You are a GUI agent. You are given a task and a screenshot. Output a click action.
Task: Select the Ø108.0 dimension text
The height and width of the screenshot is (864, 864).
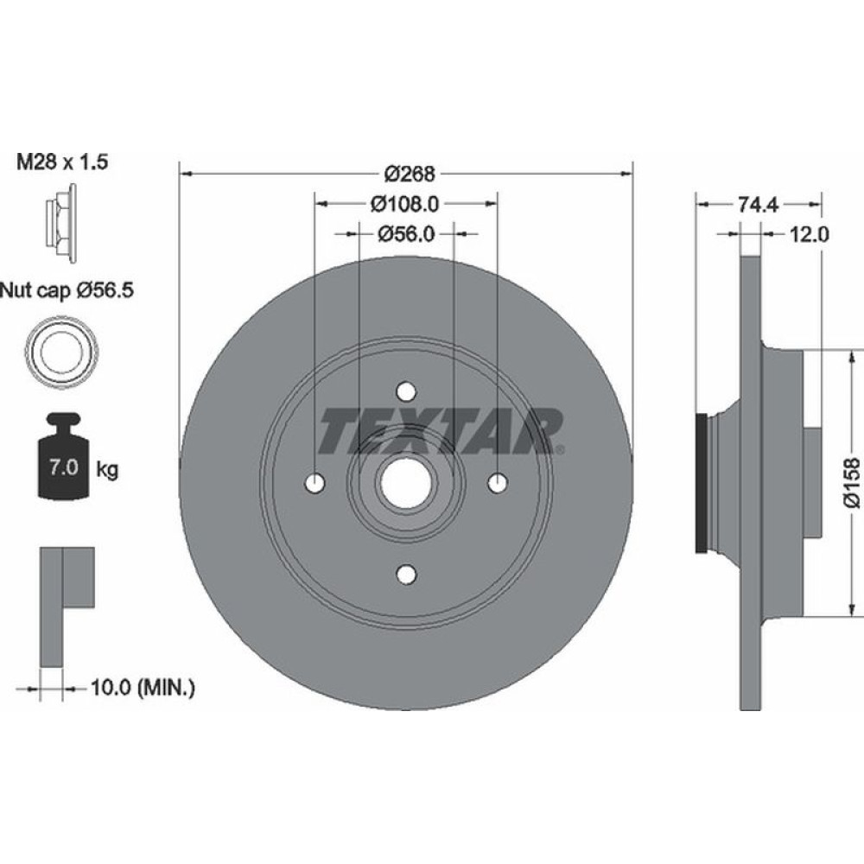coord(405,204)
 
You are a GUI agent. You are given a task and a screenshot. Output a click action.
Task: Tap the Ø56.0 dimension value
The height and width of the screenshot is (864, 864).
coord(405,233)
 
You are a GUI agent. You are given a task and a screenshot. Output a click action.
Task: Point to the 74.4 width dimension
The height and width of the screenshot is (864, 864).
coord(759,205)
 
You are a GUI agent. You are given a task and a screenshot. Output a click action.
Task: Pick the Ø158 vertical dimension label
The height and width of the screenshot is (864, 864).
coord(852,485)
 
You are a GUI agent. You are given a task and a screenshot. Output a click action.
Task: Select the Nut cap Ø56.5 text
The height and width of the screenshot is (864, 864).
coord(67,290)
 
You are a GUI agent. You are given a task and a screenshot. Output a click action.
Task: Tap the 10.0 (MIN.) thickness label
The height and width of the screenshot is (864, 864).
coord(143,689)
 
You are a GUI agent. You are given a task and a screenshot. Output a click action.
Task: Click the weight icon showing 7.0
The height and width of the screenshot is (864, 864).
coord(61,463)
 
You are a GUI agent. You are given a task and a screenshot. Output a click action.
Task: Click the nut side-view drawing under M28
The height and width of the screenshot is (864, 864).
coord(60,222)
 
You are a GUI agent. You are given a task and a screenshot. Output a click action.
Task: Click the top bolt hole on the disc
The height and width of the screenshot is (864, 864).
coord(405,391)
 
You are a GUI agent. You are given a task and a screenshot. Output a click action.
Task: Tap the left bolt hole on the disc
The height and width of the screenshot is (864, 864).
coord(314,481)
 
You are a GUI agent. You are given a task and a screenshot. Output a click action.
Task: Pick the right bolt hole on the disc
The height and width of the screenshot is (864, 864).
coord(497,482)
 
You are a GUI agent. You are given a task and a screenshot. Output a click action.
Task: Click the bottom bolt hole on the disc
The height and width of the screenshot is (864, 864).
coord(405,573)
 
